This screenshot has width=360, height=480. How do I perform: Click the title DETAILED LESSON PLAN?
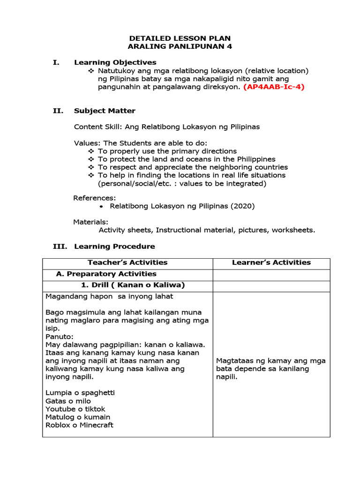point(180,38)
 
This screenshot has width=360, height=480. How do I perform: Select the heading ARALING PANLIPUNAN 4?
point(180,46)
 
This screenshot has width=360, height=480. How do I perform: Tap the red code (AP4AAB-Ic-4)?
point(273,87)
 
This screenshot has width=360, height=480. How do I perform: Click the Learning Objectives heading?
point(115,62)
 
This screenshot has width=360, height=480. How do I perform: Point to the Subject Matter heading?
point(105,111)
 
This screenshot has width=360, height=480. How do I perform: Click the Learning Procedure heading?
point(114,246)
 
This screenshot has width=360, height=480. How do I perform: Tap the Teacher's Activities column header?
point(127,262)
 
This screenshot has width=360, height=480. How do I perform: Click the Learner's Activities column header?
point(271,262)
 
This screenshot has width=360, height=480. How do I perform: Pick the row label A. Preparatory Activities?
point(106,274)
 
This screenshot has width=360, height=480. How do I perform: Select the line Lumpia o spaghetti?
point(80,392)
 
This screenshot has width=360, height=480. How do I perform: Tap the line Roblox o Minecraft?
point(79,425)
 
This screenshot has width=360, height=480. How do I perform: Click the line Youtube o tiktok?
point(75,409)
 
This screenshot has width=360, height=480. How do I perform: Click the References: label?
point(95,198)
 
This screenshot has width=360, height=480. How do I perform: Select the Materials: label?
point(91,222)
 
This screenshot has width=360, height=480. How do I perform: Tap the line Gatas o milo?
point(68,401)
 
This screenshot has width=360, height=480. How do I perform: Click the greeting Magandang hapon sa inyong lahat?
point(109,296)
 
